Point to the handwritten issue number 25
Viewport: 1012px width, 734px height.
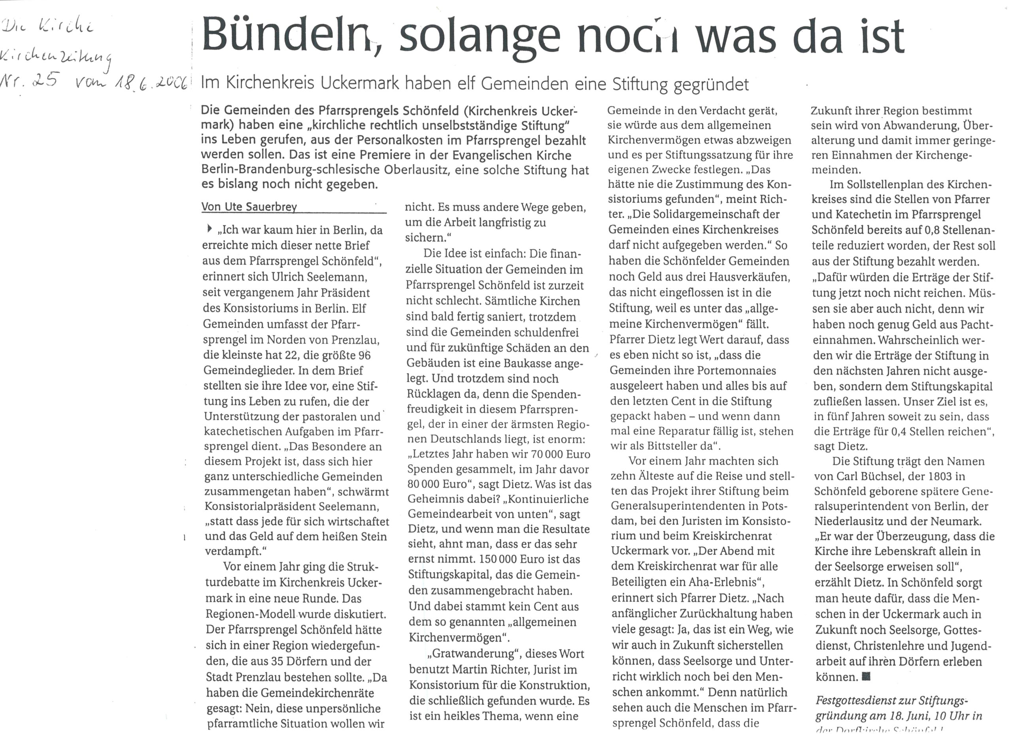45,80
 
